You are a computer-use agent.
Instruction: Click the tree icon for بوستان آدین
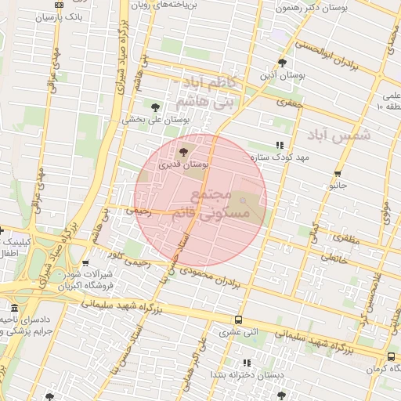[x=282, y=63]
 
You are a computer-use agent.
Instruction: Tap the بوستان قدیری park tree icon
[x=184, y=151]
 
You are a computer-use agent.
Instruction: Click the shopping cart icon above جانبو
[x=338, y=175]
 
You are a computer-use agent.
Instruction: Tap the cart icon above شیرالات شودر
[x=85, y=263]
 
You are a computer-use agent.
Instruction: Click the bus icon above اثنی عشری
[x=239, y=320]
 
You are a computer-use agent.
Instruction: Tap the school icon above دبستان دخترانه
[x=247, y=363]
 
